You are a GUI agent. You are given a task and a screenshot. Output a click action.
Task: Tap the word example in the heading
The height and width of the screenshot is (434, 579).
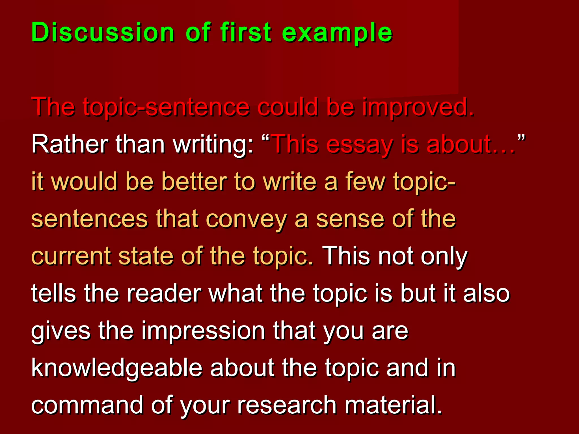coord(337,33)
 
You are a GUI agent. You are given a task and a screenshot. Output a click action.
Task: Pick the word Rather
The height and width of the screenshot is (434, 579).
coord(70,144)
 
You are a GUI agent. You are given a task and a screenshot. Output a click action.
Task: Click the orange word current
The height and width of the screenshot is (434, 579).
coord(71,256)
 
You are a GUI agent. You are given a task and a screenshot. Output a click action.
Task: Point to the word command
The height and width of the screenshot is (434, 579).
coord(87,405)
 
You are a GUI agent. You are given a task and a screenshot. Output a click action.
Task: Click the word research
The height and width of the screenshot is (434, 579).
coord(287,405)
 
